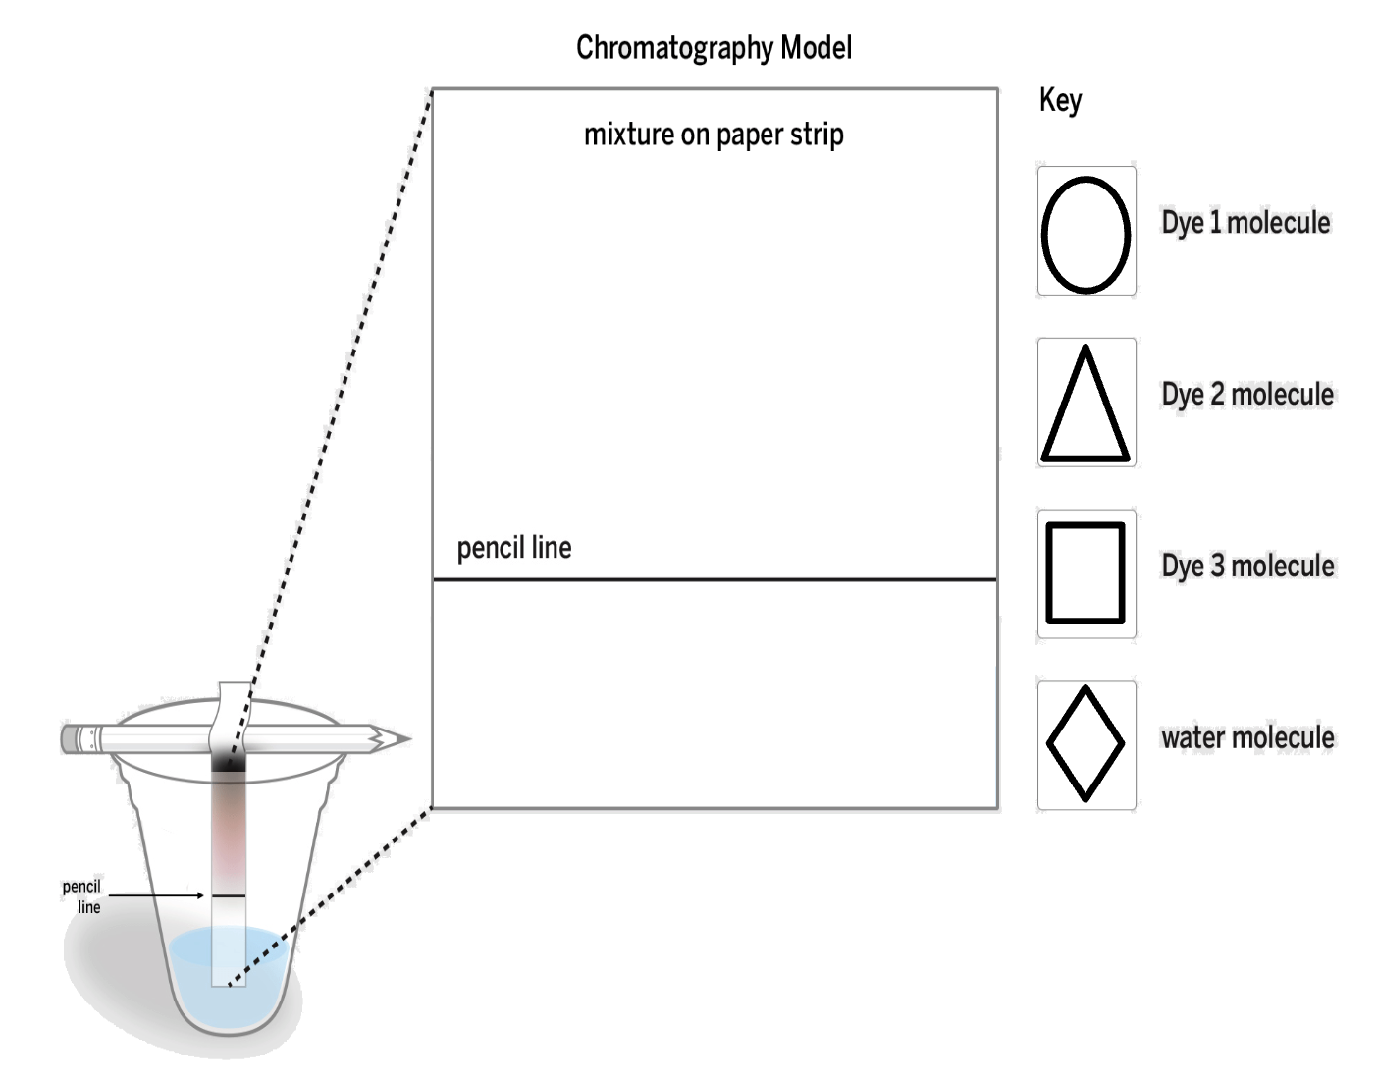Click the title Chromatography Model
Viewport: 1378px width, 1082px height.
click(714, 48)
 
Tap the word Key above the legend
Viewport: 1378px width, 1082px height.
click(1060, 100)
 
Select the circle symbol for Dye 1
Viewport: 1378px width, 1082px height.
click(1086, 234)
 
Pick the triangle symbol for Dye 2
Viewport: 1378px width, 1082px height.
click(1086, 405)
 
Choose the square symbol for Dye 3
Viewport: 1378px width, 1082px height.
click(1086, 573)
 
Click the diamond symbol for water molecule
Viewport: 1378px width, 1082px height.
click(1086, 744)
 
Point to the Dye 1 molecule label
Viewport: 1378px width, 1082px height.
click(1245, 223)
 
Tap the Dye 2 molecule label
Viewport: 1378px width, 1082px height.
click(1247, 395)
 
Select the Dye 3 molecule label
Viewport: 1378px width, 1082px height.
click(1247, 567)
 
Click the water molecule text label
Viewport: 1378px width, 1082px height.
click(1247, 737)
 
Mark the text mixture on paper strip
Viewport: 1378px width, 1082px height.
click(714, 135)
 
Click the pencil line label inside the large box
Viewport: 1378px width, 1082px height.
click(514, 548)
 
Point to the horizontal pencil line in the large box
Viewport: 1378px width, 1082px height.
click(715, 580)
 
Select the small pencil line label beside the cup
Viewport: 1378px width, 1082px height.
click(82, 896)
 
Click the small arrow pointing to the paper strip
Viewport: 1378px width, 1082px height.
click(157, 895)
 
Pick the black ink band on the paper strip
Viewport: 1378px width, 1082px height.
click(229, 770)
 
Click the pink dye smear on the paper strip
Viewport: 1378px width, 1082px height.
click(229, 835)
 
